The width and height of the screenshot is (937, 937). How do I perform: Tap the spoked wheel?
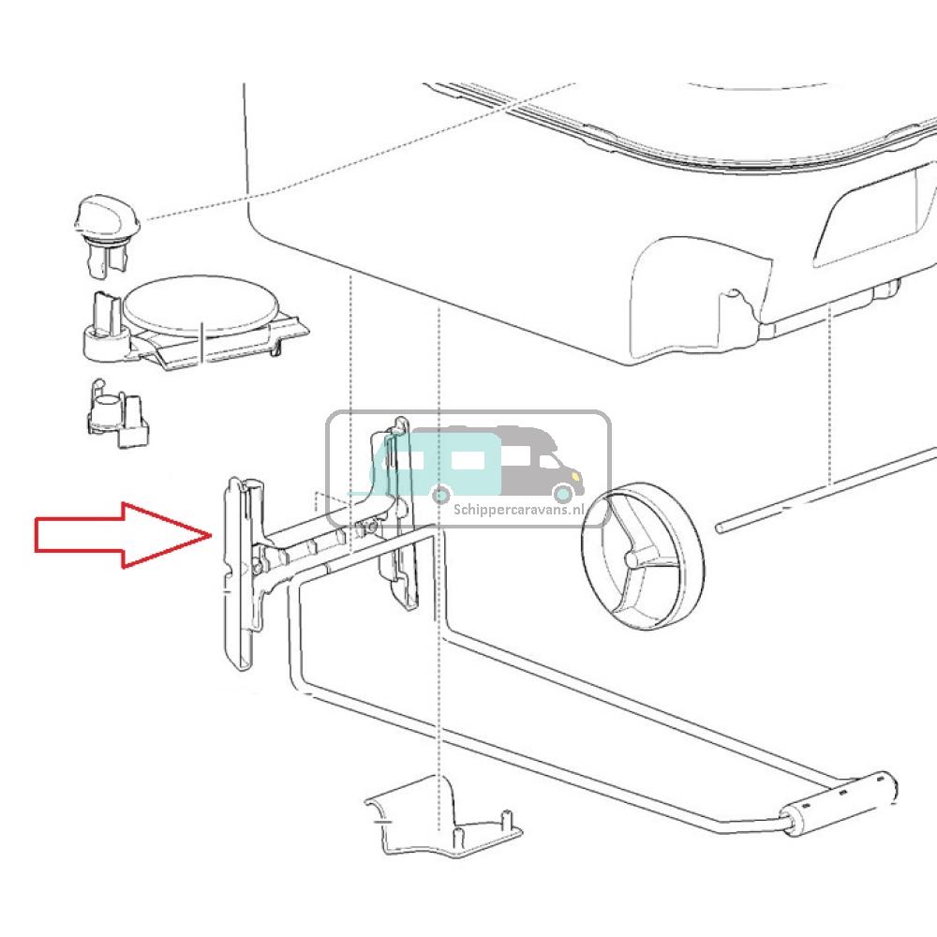coord(643,557)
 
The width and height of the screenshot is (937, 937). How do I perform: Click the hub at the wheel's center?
coord(631,559)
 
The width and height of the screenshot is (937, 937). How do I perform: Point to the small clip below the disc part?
coord(117,413)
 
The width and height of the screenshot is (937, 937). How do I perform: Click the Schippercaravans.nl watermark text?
coord(518,510)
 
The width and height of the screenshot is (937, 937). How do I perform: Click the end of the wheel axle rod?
coord(721,527)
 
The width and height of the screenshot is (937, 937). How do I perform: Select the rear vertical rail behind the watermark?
coord(396,513)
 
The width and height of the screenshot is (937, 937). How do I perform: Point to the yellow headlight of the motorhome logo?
coord(575,476)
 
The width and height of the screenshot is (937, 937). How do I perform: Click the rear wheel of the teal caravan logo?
coord(441,494)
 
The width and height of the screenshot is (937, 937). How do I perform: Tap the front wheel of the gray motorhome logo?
coord(562,493)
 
